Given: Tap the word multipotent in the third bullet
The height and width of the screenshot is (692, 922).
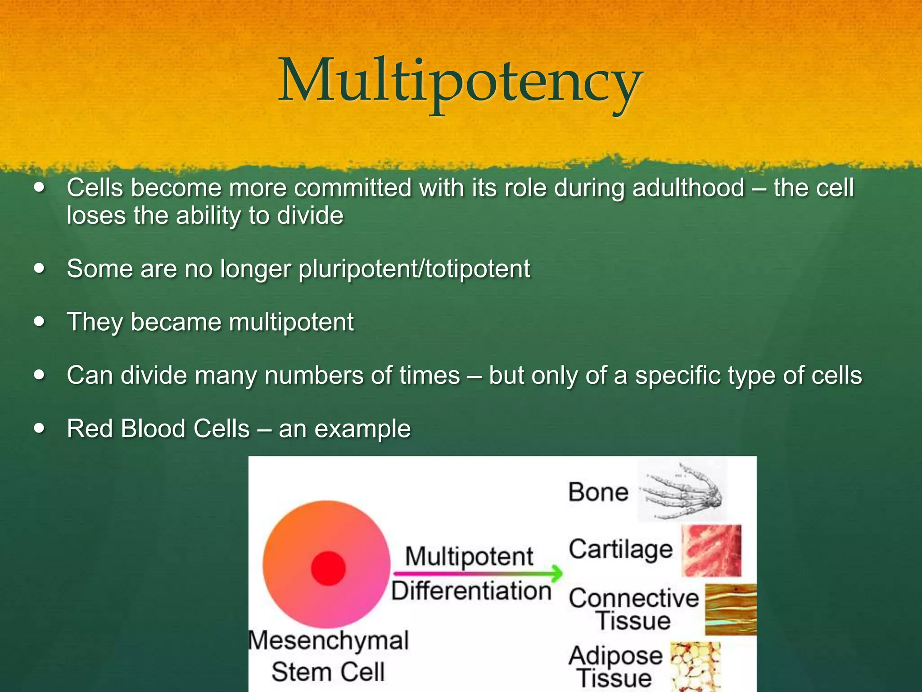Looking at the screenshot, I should [291, 322].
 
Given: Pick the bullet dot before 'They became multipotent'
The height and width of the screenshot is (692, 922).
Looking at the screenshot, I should [40, 322].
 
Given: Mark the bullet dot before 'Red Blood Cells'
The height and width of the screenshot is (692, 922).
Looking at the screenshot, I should [40, 428].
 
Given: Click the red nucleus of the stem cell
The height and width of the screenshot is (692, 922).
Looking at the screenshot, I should [328, 568].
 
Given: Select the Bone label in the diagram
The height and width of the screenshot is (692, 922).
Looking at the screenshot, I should [598, 492].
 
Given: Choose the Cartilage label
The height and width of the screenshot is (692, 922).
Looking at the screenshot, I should [620, 550].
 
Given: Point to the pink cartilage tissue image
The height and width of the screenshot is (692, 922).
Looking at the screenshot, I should [711, 551].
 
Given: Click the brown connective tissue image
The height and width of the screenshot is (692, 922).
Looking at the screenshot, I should [730, 609].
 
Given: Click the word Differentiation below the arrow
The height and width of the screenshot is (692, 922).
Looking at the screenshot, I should [471, 592].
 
